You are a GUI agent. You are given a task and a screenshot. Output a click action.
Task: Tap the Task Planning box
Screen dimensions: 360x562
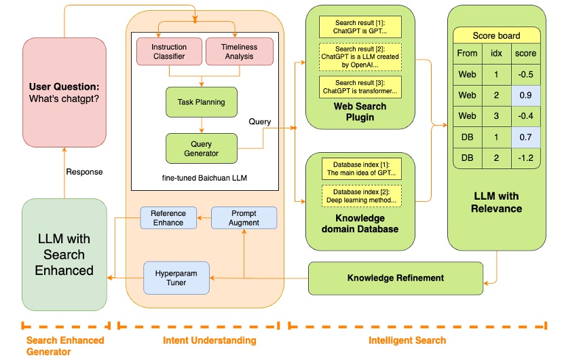click(201, 102)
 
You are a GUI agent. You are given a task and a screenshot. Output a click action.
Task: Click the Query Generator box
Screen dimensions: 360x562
click(201, 148)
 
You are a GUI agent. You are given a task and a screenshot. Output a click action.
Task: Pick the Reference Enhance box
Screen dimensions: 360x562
click(168, 217)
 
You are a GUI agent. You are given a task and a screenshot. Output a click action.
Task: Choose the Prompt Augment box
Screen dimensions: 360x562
click(244, 217)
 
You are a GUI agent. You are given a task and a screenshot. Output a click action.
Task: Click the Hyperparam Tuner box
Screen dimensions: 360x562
click(176, 277)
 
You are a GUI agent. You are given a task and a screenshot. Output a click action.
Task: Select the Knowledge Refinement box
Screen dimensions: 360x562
click(395, 278)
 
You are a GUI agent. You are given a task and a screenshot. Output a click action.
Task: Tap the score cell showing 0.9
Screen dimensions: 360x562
click(525, 95)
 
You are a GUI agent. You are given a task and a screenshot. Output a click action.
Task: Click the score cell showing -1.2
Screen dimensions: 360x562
click(525, 158)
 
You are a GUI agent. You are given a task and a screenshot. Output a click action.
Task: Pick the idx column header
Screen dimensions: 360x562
click(496, 53)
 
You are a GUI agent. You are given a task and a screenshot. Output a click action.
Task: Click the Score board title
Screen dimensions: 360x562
click(496, 35)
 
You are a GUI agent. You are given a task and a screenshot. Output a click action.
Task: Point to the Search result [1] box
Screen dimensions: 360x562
click(360, 26)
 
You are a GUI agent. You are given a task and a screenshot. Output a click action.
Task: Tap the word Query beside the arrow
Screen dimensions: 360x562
click(259, 122)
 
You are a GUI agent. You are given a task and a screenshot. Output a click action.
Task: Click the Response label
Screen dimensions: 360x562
click(84, 172)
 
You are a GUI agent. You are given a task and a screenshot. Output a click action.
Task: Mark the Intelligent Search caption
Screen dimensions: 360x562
click(407, 340)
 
